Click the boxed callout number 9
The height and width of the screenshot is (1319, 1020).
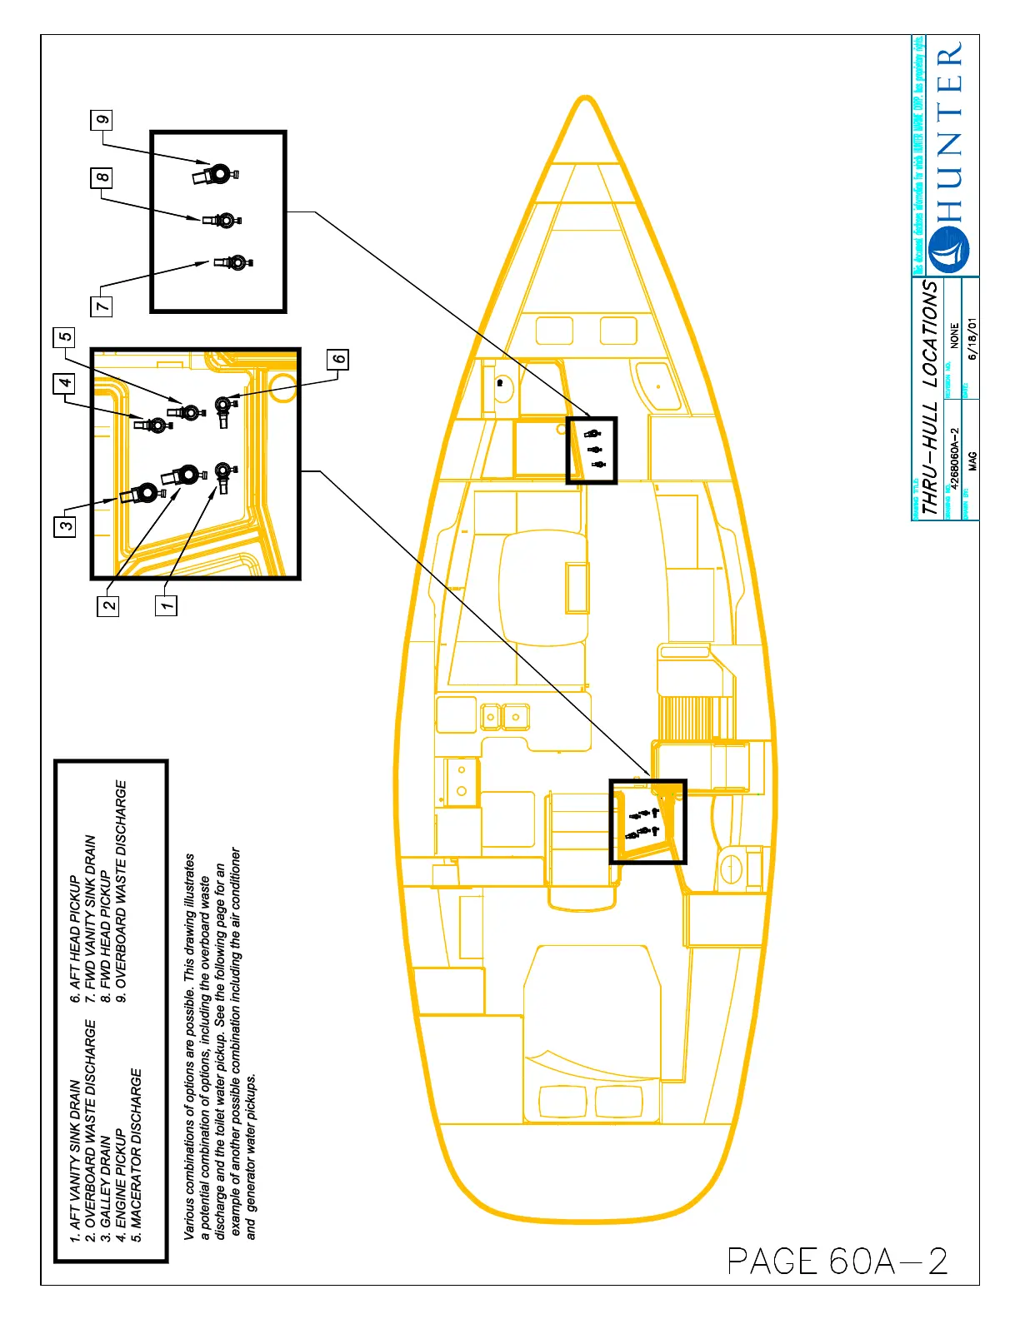pyautogui.click(x=102, y=120)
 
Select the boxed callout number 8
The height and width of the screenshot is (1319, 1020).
pyautogui.click(x=102, y=177)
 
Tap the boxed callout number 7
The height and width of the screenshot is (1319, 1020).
pyautogui.click(x=102, y=306)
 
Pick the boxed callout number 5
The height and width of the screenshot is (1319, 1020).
pyautogui.click(x=64, y=337)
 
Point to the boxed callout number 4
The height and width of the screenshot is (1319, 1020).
pyautogui.click(x=65, y=383)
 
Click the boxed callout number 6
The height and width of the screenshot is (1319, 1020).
pyautogui.click(x=337, y=360)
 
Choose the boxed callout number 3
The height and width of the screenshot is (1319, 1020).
pyautogui.click(x=65, y=525)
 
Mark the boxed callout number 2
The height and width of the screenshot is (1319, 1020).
pyautogui.click(x=109, y=605)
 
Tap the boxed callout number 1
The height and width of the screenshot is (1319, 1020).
pyautogui.click(x=167, y=605)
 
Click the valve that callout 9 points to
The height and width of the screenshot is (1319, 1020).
pyautogui.click(x=217, y=174)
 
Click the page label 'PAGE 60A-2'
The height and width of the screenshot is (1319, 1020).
pyautogui.click(x=837, y=1261)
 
